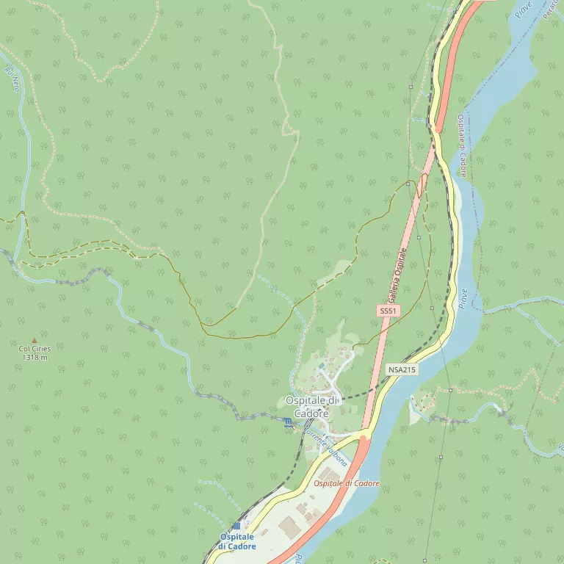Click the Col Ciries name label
pos(34,349)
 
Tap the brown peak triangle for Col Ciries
pos(34,341)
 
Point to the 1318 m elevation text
pos(35,358)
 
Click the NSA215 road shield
pos(402,370)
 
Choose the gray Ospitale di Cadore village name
pos(312,407)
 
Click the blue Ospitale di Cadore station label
pos(237,542)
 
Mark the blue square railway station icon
pos(236,526)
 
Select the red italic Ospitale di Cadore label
pos(347,483)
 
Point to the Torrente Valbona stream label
pos(325,444)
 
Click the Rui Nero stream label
pos(12,79)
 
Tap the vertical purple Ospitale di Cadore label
pos(462,145)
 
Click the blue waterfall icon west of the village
pos(287,422)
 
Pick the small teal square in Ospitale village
pos(321,366)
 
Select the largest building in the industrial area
pos(288,526)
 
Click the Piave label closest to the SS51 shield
pos(463,299)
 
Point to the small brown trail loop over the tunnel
pos(421,185)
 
